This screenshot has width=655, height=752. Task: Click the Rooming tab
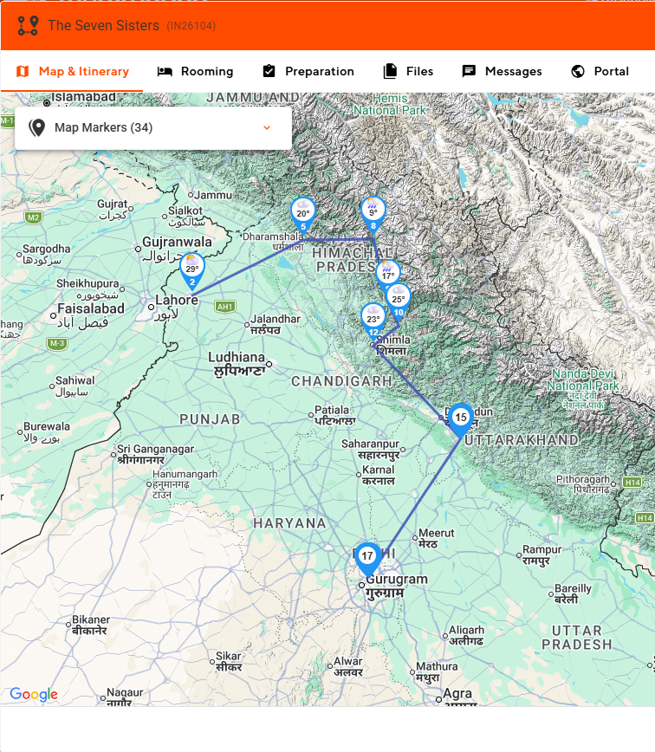point(195,71)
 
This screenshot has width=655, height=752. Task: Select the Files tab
point(408,71)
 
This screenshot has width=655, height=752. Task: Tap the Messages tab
point(502,71)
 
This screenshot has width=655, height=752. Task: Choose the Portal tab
point(600,71)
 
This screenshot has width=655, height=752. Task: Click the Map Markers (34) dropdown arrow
point(267,128)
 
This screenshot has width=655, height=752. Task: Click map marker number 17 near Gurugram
point(367,557)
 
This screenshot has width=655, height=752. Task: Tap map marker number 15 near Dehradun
point(460,418)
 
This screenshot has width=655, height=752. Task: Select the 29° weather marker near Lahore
point(191,270)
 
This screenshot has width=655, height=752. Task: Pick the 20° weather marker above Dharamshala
point(302,214)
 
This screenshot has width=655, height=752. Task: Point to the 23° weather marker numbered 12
point(373,320)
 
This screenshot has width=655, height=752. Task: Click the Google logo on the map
point(34,694)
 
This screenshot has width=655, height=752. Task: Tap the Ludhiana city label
point(237,357)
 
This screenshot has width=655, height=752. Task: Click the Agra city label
point(457,694)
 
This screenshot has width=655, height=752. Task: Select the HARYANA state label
point(289,523)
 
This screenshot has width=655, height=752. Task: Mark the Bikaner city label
point(91,619)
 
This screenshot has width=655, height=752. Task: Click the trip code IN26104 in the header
point(191,26)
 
